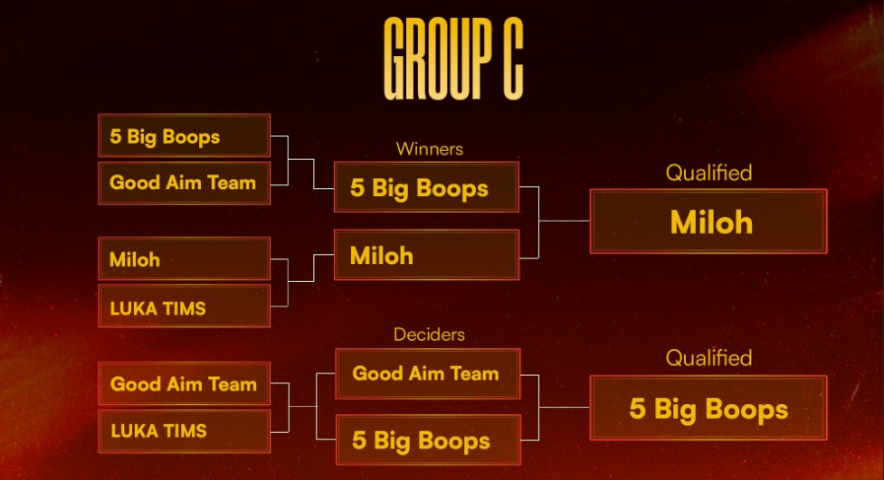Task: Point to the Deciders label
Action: tap(429, 334)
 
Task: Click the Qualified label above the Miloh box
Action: tap(708, 173)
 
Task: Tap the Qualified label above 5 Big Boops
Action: tap(708, 359)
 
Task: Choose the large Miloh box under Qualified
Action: tap(708, 221)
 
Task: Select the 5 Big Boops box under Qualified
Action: tap(708, 409)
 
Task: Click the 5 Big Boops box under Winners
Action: tap(426, 187)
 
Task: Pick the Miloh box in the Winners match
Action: tap(426, 255)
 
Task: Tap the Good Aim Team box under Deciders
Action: tap(427, 373)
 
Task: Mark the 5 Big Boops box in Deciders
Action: tap(427, 440)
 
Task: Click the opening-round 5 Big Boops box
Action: tap(184, 136)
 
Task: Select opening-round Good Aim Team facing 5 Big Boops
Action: tap(184, 183)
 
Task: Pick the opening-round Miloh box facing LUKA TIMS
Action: tap(184, 259)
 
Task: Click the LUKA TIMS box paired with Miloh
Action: tap(184, 306)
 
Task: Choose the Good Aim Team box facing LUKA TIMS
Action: tap(184, 383)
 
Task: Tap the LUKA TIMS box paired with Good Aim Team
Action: tap(184, 430)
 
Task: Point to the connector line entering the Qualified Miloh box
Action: tap(565, 221)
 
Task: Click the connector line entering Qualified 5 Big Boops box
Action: tap(565, 408)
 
